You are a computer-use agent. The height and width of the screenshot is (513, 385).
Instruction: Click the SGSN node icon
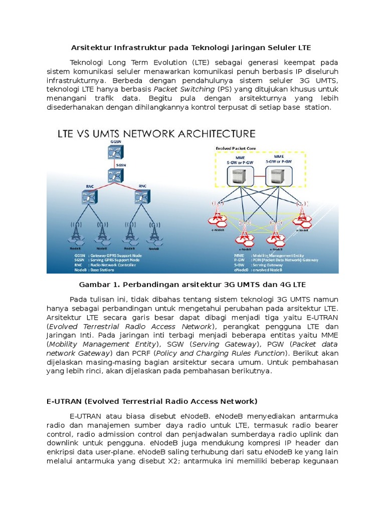(114, 175)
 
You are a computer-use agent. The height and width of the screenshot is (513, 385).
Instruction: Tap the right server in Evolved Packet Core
(278, 176)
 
